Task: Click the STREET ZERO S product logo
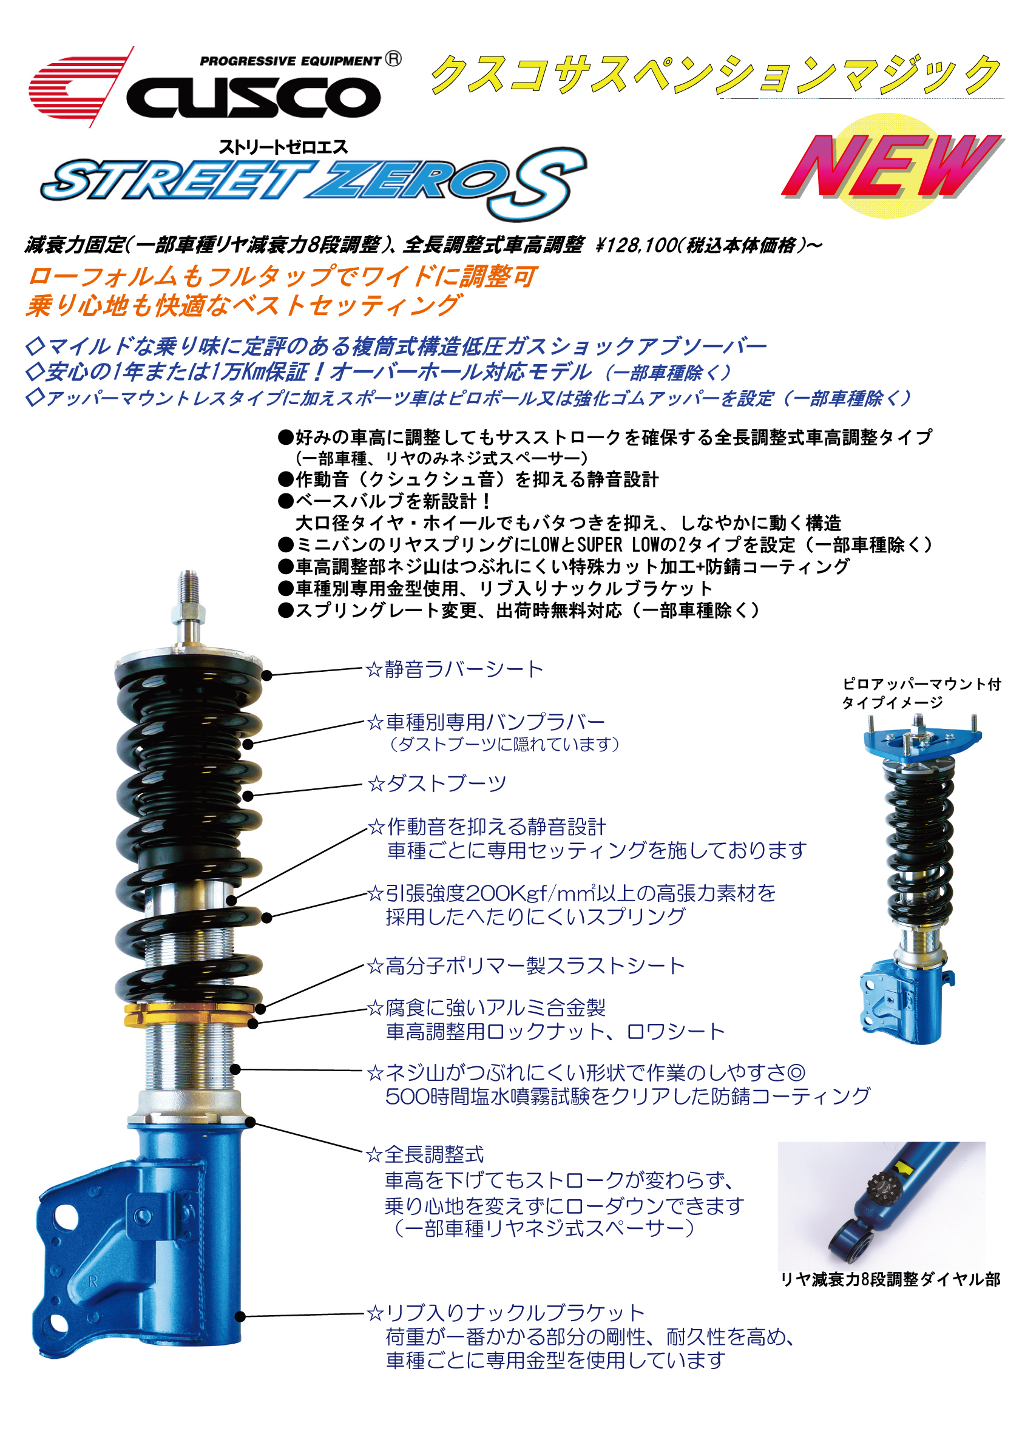click(x=313, y=184)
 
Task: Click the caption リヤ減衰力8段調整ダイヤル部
click(x=890, y=1279)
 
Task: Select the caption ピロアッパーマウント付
click(x=921, y=684)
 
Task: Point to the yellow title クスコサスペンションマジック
click(x=716, y=75)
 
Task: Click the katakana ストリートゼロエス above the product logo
click(x=283, y=147)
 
